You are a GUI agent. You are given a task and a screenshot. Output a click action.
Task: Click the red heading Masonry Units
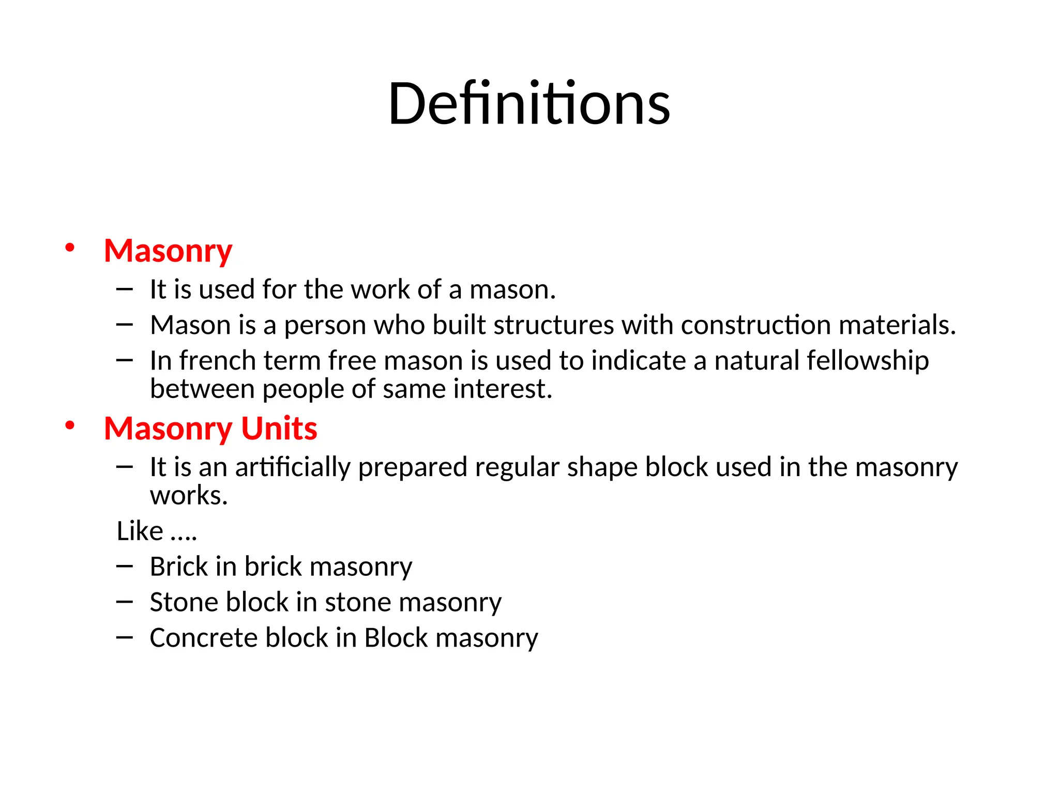[210, 429]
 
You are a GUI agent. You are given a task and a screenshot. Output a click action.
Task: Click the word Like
[140, 531]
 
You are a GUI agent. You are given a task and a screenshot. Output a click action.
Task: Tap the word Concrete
[203, 638]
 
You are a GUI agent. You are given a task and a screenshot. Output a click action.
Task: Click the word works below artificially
[189, 495]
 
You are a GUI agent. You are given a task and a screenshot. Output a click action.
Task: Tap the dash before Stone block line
[125, 602]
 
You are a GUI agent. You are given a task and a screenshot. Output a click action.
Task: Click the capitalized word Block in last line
[396, 638]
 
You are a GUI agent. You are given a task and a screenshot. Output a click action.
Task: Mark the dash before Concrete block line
[125, 638]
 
